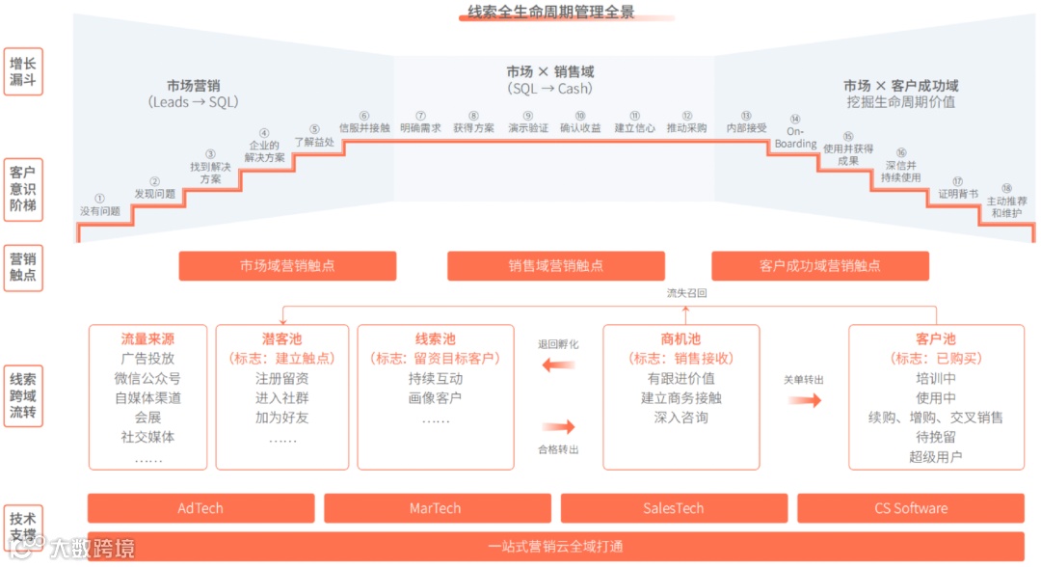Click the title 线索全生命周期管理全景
550,12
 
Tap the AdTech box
200,508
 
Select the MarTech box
436,508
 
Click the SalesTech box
673,508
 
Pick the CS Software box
910,508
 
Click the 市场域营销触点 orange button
287,266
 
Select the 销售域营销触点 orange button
555,266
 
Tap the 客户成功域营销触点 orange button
819,266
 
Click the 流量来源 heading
147,339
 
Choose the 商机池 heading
681,339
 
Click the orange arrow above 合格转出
558,426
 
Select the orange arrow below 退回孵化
558,364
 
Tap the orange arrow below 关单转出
804,399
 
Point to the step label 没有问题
99,211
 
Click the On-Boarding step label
795,138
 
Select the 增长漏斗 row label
23,72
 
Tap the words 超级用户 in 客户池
935,457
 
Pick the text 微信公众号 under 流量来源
147,378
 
